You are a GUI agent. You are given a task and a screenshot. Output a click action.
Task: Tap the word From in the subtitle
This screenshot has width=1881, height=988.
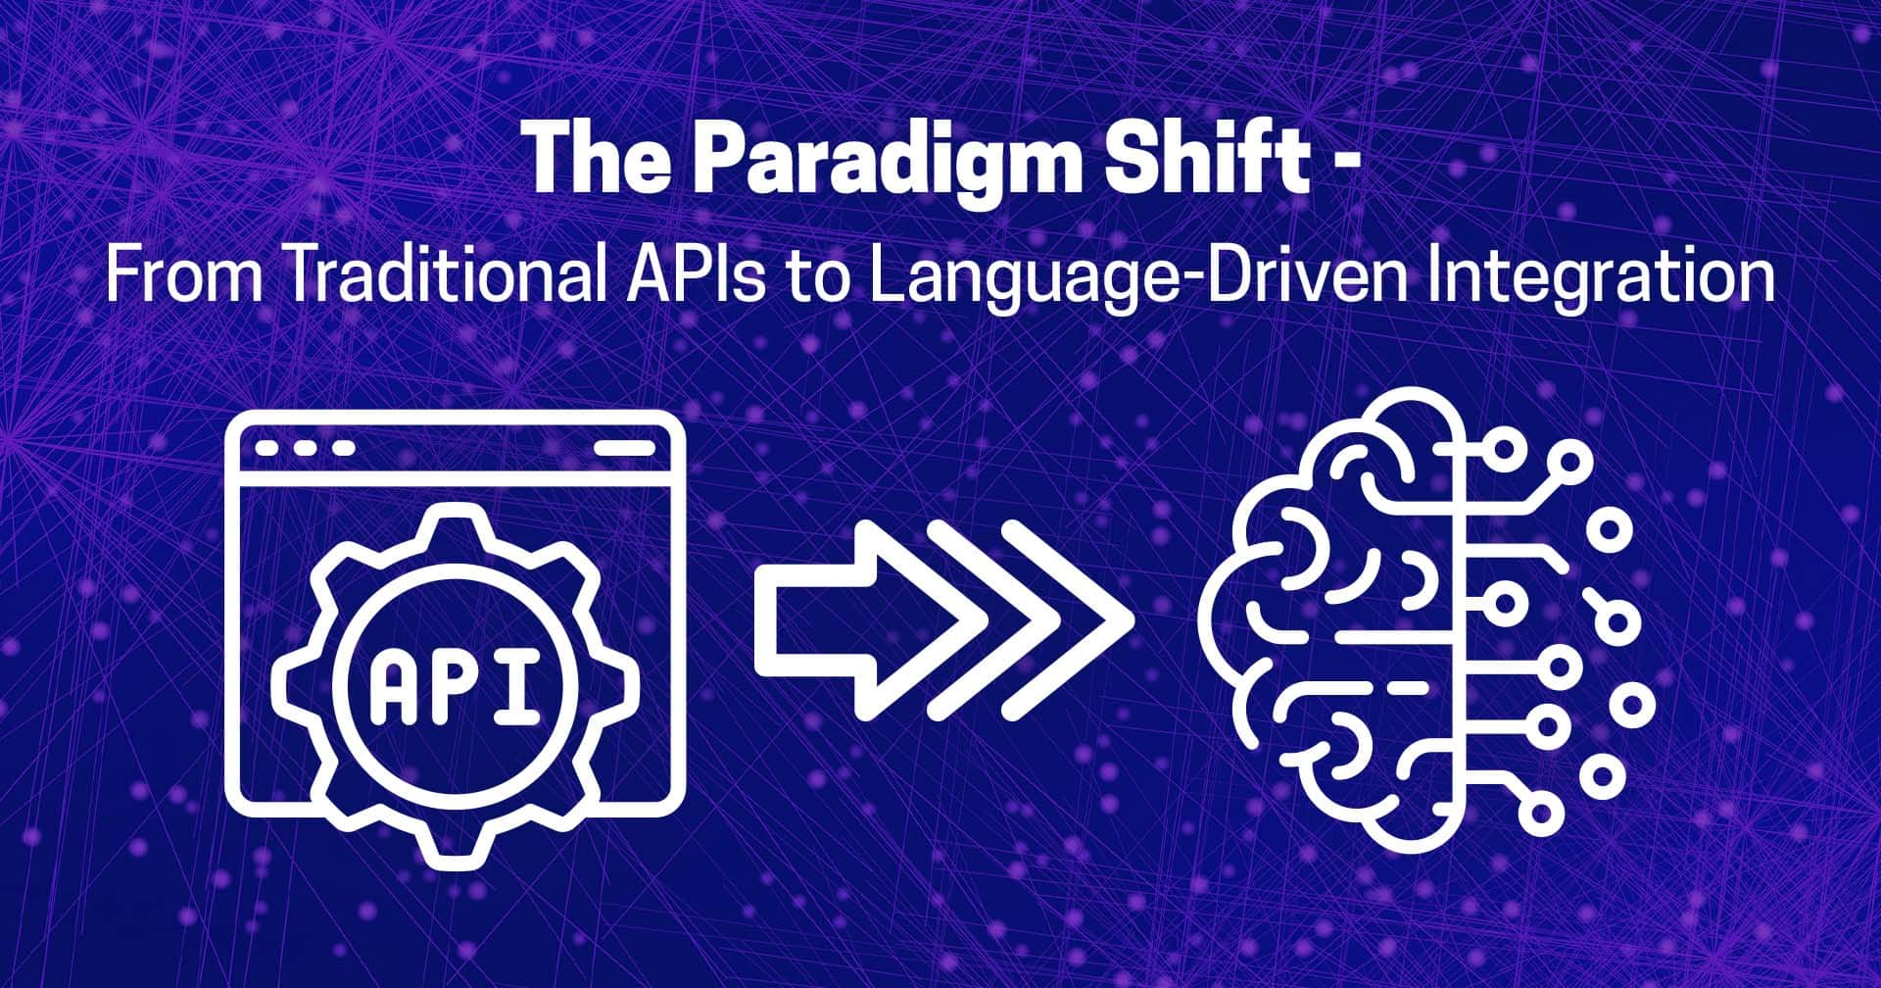pyautogui.click(x=185, y=276)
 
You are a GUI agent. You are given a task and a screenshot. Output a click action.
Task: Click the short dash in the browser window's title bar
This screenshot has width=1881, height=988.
pyautogui.click(x=624, y=448)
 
